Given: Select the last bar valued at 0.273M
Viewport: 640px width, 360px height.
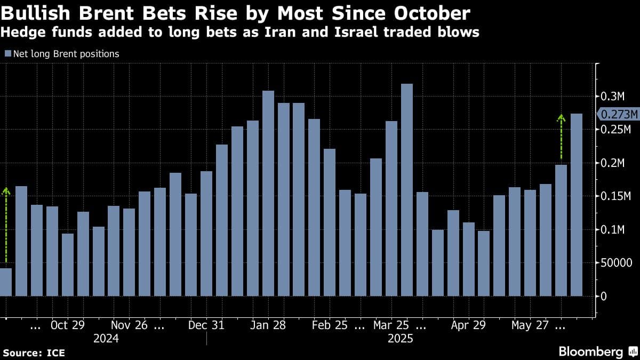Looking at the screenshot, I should (x=577, y=205).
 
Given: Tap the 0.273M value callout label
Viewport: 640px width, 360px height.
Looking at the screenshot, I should (x=619, y=114).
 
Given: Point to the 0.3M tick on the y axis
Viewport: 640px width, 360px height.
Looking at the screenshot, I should (x=612, y=97).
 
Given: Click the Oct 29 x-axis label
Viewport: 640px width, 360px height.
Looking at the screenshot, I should (x=67, y=325).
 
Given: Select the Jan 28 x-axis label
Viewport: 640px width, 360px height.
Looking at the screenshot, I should (x=268, y=325).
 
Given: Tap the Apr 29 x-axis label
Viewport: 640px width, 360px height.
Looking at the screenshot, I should (x=468, y=325).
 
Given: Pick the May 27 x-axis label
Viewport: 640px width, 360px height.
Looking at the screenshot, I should (x=530, y=325).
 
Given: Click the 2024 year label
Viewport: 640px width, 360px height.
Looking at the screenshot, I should (x=106, y=339).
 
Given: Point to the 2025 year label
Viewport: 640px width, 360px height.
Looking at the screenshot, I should (x=400, y=339).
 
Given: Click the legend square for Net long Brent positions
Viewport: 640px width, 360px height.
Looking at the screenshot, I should (x=7, y=54).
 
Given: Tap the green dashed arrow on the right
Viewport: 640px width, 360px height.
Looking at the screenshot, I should (x=561, y=137).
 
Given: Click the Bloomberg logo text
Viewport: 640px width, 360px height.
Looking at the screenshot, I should (x=590, y=351).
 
